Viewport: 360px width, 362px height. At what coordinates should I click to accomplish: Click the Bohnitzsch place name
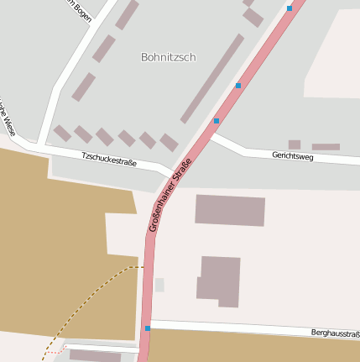[x=168, y=57]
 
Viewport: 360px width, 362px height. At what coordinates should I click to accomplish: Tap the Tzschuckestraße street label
[x=109, y=158]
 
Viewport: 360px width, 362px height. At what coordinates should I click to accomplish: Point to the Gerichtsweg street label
[x=293, y=155]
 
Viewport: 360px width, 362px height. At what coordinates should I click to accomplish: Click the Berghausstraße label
[x=335, y=333]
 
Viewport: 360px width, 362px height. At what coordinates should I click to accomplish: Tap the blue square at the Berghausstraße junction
[x=148, y=328]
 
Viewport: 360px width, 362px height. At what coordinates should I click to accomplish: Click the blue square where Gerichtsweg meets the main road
[x=217, y=121]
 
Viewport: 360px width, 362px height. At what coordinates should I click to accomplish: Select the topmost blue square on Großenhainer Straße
[x=290, y=8]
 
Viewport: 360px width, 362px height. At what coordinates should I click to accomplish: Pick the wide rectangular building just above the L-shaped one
[x=230, y=210]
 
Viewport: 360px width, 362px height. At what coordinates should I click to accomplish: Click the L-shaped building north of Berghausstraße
[x=219, y=281]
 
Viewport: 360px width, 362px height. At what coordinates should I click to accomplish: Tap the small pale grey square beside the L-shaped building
[x=159, y=285]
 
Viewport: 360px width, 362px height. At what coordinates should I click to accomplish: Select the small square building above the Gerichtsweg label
[x=294, y=144]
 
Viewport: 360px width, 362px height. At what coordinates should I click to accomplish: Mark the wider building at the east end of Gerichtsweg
[x=326, y=147]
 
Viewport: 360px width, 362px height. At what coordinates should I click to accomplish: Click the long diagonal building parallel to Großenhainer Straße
[x=212, y=78]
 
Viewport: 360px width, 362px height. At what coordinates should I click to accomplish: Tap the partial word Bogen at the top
[x=79, y=11]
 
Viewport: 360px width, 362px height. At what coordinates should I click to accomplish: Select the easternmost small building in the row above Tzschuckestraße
[x=170, y=143]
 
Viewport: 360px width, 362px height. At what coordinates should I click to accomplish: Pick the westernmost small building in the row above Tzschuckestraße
[x=63, y=133]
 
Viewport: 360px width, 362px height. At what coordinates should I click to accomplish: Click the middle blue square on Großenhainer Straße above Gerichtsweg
[x=238, y=86]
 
